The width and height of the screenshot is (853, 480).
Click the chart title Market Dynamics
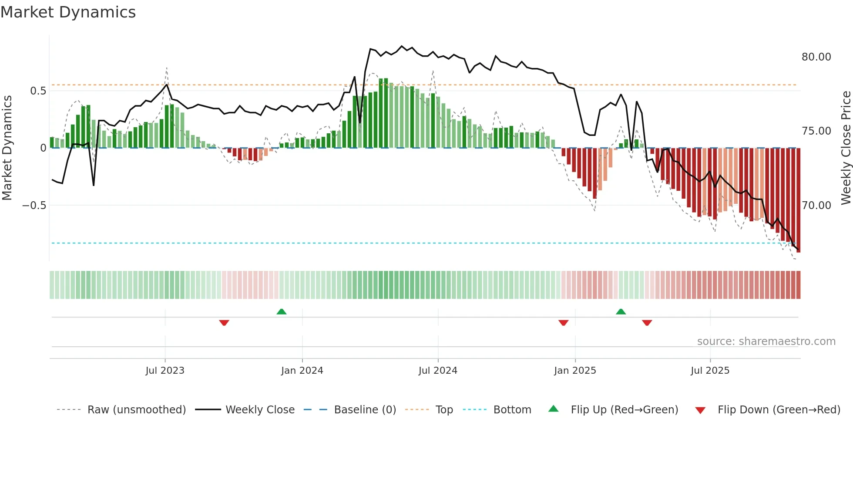(68, 12)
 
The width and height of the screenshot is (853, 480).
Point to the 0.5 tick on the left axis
(38, 91)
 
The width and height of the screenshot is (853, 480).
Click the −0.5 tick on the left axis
(34, 205)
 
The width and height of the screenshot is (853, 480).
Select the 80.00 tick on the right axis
(816, 57)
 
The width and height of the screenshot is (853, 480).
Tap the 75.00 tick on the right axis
(816, 131)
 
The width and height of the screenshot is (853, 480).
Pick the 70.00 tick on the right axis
(816, 205)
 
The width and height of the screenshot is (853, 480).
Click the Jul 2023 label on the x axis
(165, 371)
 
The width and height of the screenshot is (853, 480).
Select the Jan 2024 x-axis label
(302, 371)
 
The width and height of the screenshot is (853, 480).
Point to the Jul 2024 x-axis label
(438, 371)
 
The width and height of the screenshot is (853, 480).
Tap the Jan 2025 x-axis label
(575, 371)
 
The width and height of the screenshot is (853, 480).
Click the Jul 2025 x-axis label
(710, 371)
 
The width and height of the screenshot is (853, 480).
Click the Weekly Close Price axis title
(846, 148)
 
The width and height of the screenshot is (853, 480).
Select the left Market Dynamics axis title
(7, 148)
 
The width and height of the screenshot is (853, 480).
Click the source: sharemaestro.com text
(766, 341)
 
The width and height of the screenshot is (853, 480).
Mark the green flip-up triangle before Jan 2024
(282, 311)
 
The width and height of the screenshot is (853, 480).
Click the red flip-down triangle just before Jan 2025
(564, 323)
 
